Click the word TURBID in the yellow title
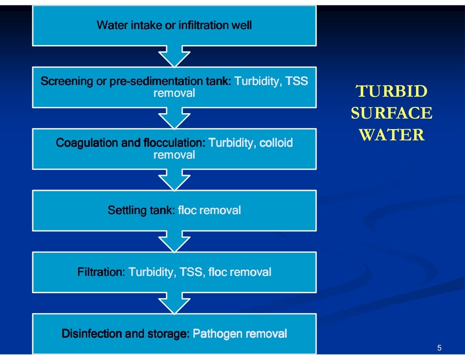point(391,92)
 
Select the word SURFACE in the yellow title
point(391,113)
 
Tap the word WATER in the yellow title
point(391,135)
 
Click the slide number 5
point(439,348)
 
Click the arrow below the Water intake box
point(174,56)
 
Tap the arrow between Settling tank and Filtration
point(174,241)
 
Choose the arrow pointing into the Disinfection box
point(174,303)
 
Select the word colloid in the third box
point(276,143)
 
